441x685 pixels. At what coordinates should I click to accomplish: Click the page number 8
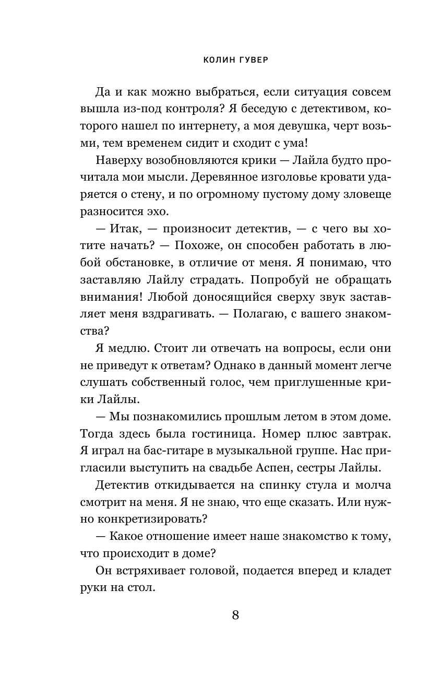(235, 615)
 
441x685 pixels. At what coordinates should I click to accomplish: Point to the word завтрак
(367, 433)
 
